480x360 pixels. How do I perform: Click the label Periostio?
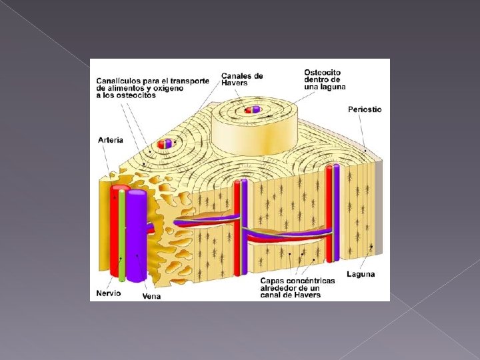[x=365, y=109]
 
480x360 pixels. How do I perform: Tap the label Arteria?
[x=110, y=140]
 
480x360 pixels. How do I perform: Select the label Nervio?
[x=109, y=293]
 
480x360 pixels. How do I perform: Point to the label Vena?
[x=151, y=296]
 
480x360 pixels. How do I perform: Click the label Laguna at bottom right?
[x=361, y=274]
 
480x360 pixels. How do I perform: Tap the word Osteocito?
[x=323, y=73]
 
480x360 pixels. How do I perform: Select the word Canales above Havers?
[x=237, y=76]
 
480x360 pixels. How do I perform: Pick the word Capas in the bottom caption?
[x=272, y=281]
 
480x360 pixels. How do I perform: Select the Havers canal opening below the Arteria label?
[x=164, y=143]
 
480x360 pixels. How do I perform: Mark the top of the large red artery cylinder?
[x=119, y=189]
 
